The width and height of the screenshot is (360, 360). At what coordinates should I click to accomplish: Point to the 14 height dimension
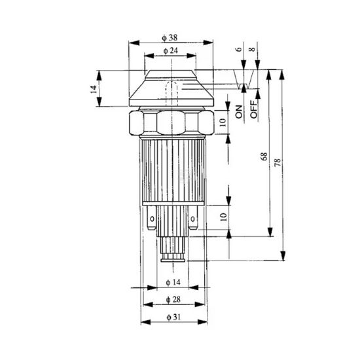point(94,88)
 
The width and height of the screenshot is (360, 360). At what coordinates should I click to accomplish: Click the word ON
point(239,112)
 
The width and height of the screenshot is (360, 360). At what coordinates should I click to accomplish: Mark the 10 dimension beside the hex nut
point(223,123)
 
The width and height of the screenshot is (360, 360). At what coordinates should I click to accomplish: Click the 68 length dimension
point(264,156)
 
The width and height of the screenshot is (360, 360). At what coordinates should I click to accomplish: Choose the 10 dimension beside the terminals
point(223,218)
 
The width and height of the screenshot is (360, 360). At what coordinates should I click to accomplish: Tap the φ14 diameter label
point(173,282)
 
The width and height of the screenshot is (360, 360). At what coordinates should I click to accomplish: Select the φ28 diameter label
point(173,300)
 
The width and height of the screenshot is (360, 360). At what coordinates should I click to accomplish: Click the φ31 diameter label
point(173,317)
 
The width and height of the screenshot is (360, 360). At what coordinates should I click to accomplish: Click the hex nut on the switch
point(173,122)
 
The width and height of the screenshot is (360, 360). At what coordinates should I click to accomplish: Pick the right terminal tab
point(194,220)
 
